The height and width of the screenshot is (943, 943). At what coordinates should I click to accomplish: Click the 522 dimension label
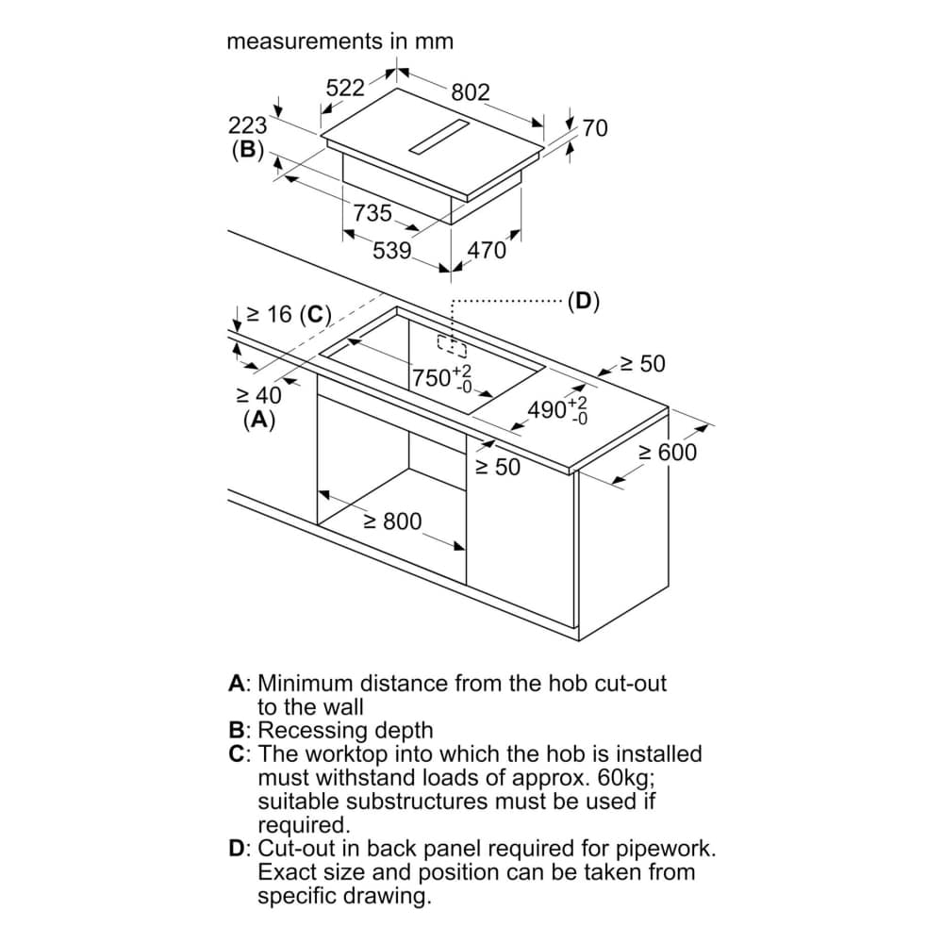tap(345, 88)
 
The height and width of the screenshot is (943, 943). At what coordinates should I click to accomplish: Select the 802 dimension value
tap(471, 91)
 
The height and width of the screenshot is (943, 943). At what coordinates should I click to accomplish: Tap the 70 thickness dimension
tap(595, 128)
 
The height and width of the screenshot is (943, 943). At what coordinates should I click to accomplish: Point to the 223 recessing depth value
tap(248, 125)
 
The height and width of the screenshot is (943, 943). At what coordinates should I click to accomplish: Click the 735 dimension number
tap(372, 213)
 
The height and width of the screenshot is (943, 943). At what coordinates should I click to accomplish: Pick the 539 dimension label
tap(392, 251)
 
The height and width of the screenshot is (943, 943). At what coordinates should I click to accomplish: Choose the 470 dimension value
tap(488, 251)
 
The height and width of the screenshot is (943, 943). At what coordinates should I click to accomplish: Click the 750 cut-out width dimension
tap(433, 378)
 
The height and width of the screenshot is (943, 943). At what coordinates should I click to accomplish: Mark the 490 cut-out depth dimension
tap(549, 410)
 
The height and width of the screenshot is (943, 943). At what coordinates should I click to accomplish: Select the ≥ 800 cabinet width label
tap(392, 521)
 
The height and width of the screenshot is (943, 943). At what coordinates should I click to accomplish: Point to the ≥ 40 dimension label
tap(258, 397)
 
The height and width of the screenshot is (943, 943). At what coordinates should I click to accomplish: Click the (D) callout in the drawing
tap(583, 302)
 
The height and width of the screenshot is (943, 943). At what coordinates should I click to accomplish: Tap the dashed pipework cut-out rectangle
tap(451, 345)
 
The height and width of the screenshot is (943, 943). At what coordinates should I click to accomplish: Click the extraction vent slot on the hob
tap(439, 138)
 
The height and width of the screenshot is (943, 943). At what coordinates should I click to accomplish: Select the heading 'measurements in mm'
tap(340, 41)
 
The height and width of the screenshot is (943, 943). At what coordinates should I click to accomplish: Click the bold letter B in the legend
tap(237, 731)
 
